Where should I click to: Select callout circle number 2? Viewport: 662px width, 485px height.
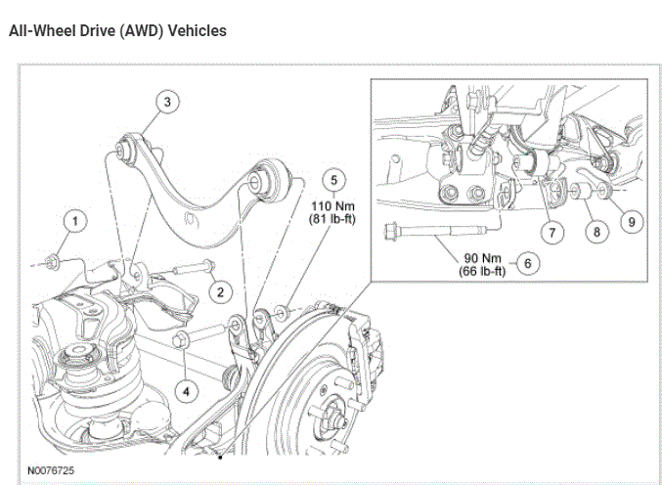221,291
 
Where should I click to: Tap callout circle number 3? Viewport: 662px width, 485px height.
167,102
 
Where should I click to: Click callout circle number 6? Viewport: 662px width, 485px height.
527,263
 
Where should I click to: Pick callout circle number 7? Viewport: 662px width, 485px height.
554,233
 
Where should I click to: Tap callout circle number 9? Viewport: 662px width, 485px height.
632,222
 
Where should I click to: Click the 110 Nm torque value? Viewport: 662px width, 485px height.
332,206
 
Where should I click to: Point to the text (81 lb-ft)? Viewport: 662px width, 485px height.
332,220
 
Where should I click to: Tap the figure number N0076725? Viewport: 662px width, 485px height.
51,470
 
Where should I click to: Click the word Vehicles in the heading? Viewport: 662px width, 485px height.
197,31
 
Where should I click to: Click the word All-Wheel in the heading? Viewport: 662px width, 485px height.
38,31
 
